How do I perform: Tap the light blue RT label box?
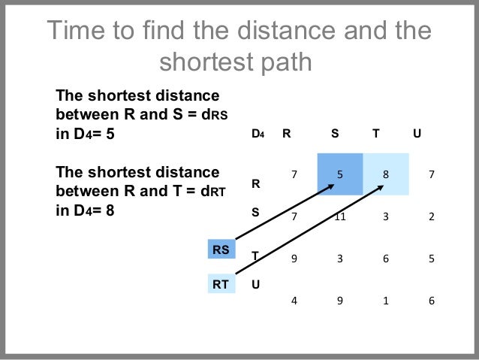[221, 284]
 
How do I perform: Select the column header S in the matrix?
[334, 135]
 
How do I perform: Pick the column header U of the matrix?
[417, 135]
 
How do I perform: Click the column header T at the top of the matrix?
[376, 135]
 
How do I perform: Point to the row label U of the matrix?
[256, 285]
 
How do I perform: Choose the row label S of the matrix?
[255, 212]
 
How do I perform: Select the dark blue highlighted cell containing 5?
[340, 174]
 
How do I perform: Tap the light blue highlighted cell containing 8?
[386, 174]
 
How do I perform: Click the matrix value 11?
[340, 217]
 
